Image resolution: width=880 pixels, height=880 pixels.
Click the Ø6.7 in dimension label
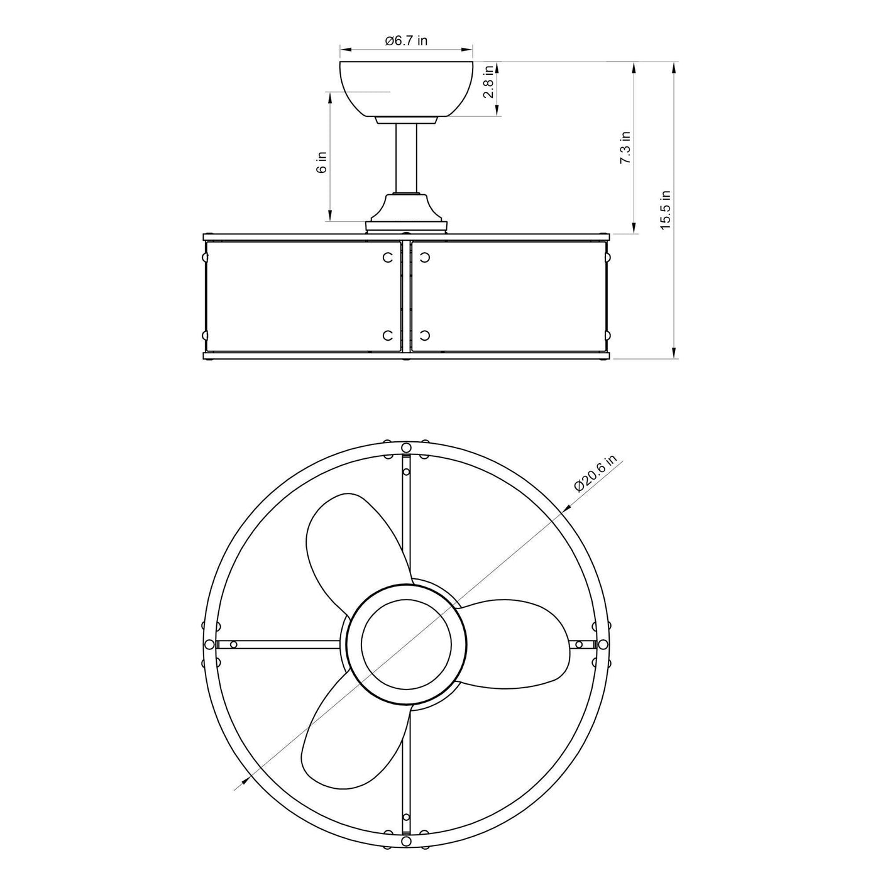pos(406,41)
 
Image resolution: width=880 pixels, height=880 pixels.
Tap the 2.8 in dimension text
pos(488,88)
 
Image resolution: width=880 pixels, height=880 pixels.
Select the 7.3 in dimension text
pos(625,148)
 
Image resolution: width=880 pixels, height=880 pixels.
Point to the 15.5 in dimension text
pos(666,210)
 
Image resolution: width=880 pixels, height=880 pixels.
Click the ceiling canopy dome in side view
pos(406,88)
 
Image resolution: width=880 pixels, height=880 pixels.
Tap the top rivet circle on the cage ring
pos(407,447)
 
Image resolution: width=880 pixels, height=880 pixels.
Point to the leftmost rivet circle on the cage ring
pos(210,644)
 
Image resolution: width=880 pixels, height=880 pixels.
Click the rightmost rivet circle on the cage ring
pos(603,644)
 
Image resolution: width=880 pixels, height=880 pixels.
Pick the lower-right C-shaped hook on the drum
pos(425,334)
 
